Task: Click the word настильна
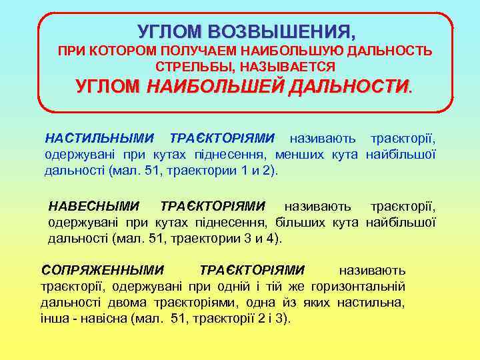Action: [371, 303]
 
